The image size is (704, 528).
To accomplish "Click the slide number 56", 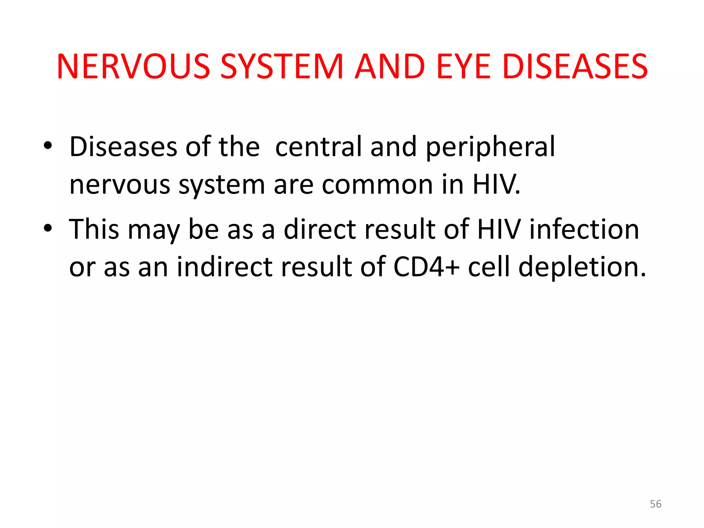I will pos(656,504).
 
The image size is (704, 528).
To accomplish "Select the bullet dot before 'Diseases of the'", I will pos(48,146).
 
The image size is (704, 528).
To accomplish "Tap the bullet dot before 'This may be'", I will pos(48,228).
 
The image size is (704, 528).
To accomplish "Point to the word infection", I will pos(584,229).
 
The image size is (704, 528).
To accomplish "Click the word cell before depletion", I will pos(489,267).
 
